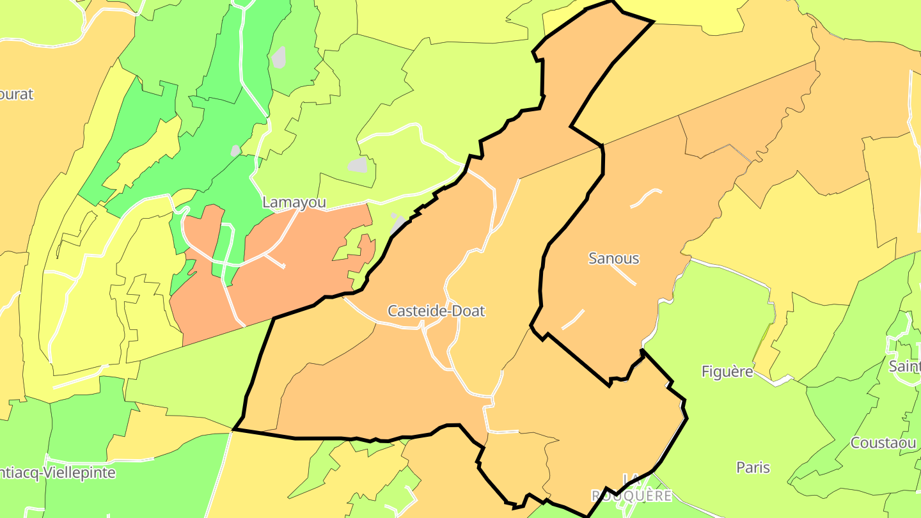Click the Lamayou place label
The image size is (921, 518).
(294, 203)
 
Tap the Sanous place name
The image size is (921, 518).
(613, 258)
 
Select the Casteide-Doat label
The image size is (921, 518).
(436, 311)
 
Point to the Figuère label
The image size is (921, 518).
(727, 372)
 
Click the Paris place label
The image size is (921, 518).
(753, 467)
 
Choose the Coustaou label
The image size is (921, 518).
(882, 443)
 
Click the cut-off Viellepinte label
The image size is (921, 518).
(58, 473)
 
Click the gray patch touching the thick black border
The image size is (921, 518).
(398, 224)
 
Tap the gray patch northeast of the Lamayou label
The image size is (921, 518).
(358, 165)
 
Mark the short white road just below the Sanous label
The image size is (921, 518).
(623, 275)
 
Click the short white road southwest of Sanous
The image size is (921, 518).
(573, 319)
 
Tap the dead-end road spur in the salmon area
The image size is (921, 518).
(275, 261)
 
